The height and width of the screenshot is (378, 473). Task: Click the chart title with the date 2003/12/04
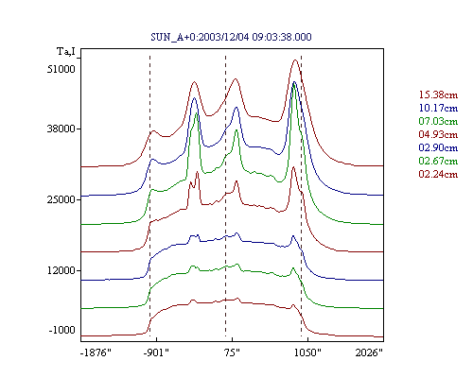coord(231,37)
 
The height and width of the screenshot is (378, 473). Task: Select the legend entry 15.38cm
coord(438,94)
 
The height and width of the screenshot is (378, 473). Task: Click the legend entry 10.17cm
coord(438,108)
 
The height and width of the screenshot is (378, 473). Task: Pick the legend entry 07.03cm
coord(438,121)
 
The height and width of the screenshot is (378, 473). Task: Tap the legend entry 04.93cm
coord(438,134)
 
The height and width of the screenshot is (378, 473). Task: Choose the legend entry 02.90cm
coord(438,147)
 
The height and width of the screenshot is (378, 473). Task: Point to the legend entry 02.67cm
coord(438,161)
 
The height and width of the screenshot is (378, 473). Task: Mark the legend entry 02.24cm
coord(438,174)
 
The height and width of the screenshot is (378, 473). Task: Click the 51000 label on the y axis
coord(61,69)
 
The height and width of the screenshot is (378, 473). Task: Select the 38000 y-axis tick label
coord(61,129)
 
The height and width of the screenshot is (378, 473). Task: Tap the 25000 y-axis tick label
coord(61,199)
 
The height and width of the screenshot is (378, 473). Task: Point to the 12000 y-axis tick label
coord(61,270)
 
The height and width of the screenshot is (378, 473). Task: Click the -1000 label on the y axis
coord(62,330)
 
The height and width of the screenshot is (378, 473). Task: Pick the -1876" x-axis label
coord(96,352)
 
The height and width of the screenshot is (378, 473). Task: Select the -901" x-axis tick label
coord(156,352)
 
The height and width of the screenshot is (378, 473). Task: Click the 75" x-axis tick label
coord(232,352)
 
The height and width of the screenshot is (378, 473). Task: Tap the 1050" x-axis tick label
coord(307,352)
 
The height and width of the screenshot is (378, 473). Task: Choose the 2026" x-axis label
coord(369,352)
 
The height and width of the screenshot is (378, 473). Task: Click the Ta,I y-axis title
coord(66,51)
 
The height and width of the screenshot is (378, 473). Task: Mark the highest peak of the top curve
coord(295,60)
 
